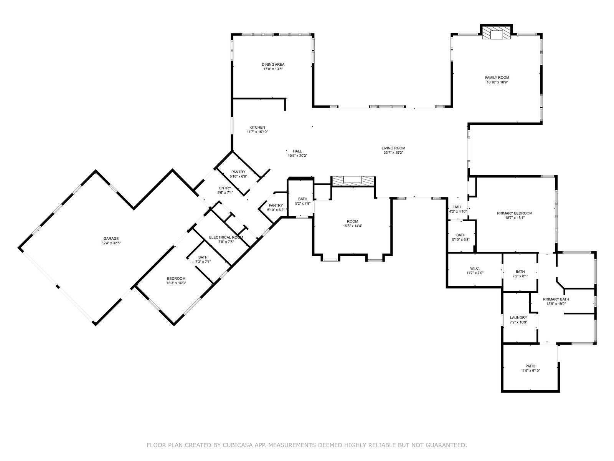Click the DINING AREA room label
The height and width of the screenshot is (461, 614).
point(273,65)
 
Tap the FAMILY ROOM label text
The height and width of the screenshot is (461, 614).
point(497,78)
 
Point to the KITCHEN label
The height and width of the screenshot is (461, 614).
point(257,128)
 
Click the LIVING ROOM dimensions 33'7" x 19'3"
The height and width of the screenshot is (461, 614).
point(393,153)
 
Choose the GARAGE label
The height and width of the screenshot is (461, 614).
point(111,239)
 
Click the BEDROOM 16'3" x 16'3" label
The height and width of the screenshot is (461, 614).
point(176,281)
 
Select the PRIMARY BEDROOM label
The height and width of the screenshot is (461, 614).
point(515,213)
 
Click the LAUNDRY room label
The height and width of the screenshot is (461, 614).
point(518,318)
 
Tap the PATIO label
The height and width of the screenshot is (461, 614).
point(530,366)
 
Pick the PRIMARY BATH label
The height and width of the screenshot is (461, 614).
point(556,299)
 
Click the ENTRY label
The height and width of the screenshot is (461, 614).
point(225,188)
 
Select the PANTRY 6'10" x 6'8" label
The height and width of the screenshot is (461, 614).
point(238,174)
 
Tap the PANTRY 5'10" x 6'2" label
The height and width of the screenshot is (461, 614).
point(276,208)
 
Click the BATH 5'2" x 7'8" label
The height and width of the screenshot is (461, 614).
point(303,201)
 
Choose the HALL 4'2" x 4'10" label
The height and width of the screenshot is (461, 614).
point(458,209)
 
